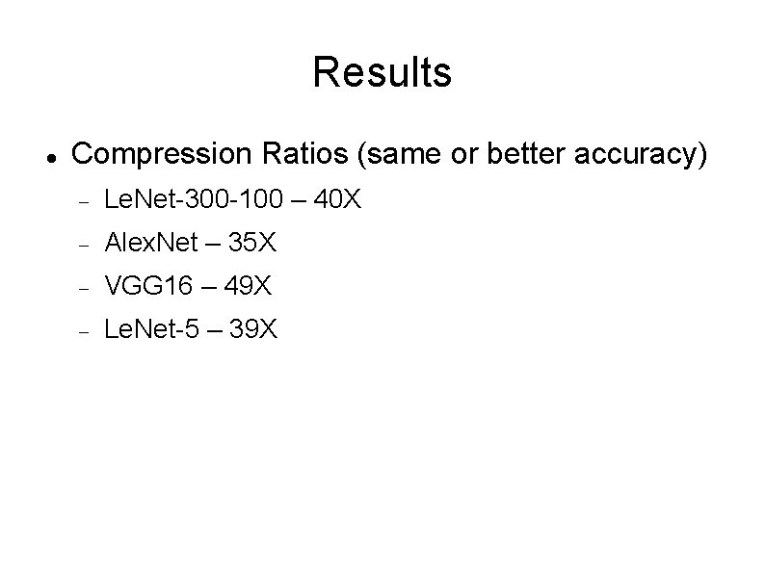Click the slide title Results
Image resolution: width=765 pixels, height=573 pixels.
point(382,72)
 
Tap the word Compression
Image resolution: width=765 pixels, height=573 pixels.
point(160,154)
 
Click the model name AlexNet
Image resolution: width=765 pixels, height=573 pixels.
point(149,244)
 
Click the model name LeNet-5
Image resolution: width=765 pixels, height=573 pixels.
point(151,330)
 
